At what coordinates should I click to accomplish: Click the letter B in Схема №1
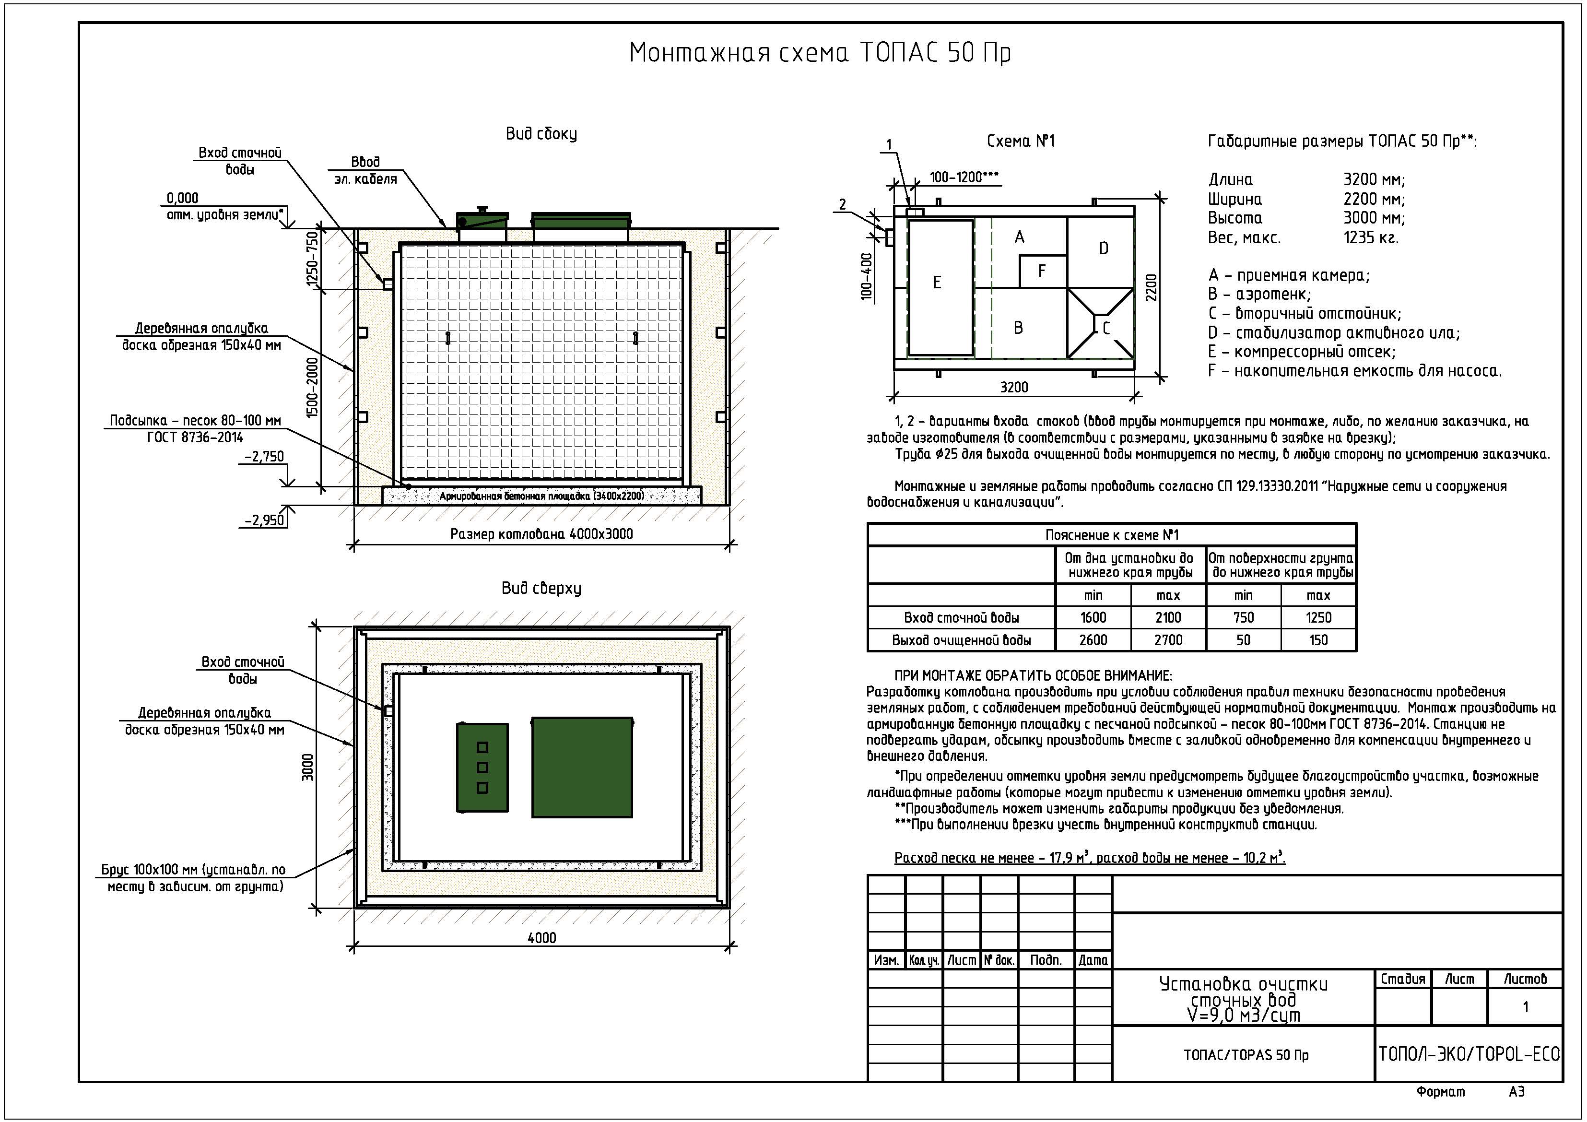[x=1018, y=328]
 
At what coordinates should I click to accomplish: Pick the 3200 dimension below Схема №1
[x=1014, y=387]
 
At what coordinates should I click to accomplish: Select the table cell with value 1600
[x=1093, y=618]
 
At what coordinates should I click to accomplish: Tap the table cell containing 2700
[x=1168, y=640]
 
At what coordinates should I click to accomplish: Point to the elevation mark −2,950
[x=264, y=520]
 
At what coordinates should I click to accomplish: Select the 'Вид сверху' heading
[x=541, y=588]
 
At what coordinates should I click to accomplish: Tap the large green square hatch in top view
[x=582, y=768]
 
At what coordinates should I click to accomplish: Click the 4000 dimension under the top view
[x=542, y=938]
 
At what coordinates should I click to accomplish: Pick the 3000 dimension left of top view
[x=308, y=768]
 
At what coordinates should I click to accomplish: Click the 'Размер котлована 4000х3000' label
[x=541, y=534]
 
